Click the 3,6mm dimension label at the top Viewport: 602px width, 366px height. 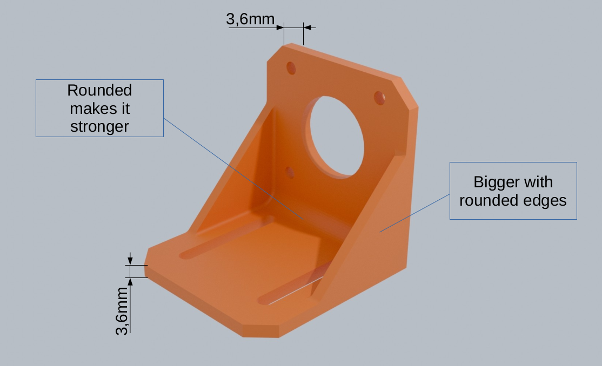[x=250, y=19]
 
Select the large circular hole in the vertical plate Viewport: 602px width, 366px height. [x=336, y=136]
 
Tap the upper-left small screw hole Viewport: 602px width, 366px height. [x=291, y=68]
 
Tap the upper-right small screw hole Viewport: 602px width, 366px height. [x=380, y=98]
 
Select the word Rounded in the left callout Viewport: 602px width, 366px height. [x=99, y=90]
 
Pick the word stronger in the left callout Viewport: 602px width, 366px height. [x=99, y=126]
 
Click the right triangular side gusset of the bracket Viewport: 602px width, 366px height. [x=373, y=238]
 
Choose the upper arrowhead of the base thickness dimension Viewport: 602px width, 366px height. [x=129, y=261]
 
